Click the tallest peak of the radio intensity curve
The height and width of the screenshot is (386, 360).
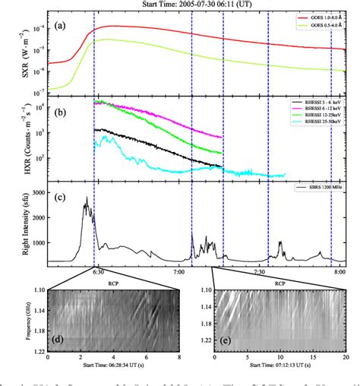point(87,198)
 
